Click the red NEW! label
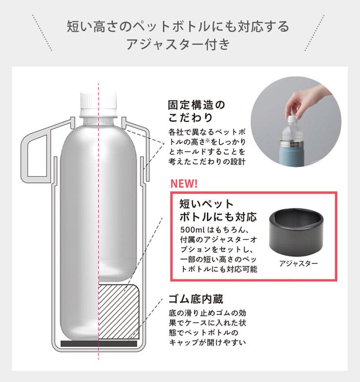184,183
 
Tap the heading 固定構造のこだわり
197,111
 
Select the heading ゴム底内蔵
196,299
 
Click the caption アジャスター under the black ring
298,263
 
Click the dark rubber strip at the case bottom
99,344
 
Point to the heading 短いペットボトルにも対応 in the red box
218,210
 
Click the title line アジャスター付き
178,44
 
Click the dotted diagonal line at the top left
42,33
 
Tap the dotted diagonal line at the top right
314,33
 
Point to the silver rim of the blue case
291,144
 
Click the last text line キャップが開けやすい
207,342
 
